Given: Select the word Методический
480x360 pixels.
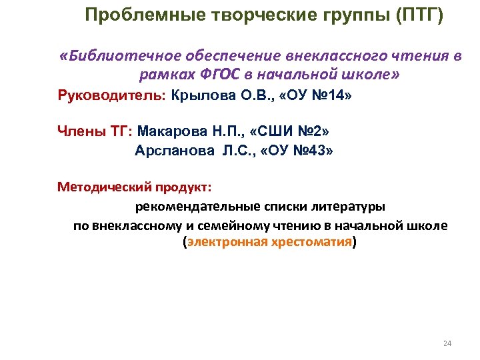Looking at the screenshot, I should point(105,187).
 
